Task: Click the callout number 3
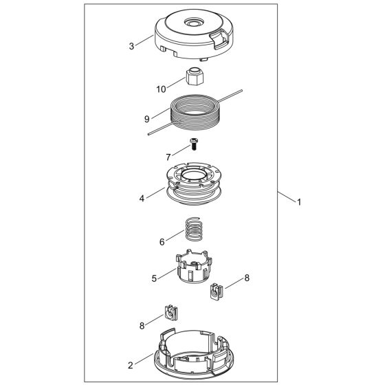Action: pyautogui.click(x=131, y=47)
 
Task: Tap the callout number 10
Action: pyautogui.click(x=162, y=89)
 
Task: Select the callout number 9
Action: pyautogui.click(x=146, y=118)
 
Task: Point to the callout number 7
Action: pyautogui.click(x=168, y=157)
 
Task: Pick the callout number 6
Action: pyautogui.click(x=162, y=241)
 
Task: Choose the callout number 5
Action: pyautogui.click(x=155, y=278)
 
